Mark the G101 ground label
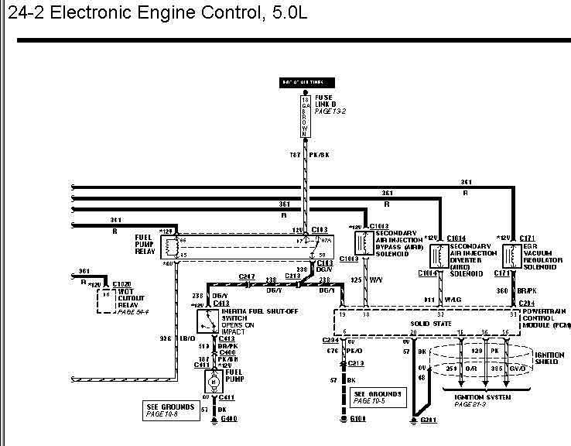coord(357,419)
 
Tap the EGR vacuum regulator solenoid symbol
coord(510,256)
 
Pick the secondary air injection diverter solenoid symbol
coord(439,256)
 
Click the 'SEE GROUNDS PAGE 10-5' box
coord(377,396)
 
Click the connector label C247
coord(247,277)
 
